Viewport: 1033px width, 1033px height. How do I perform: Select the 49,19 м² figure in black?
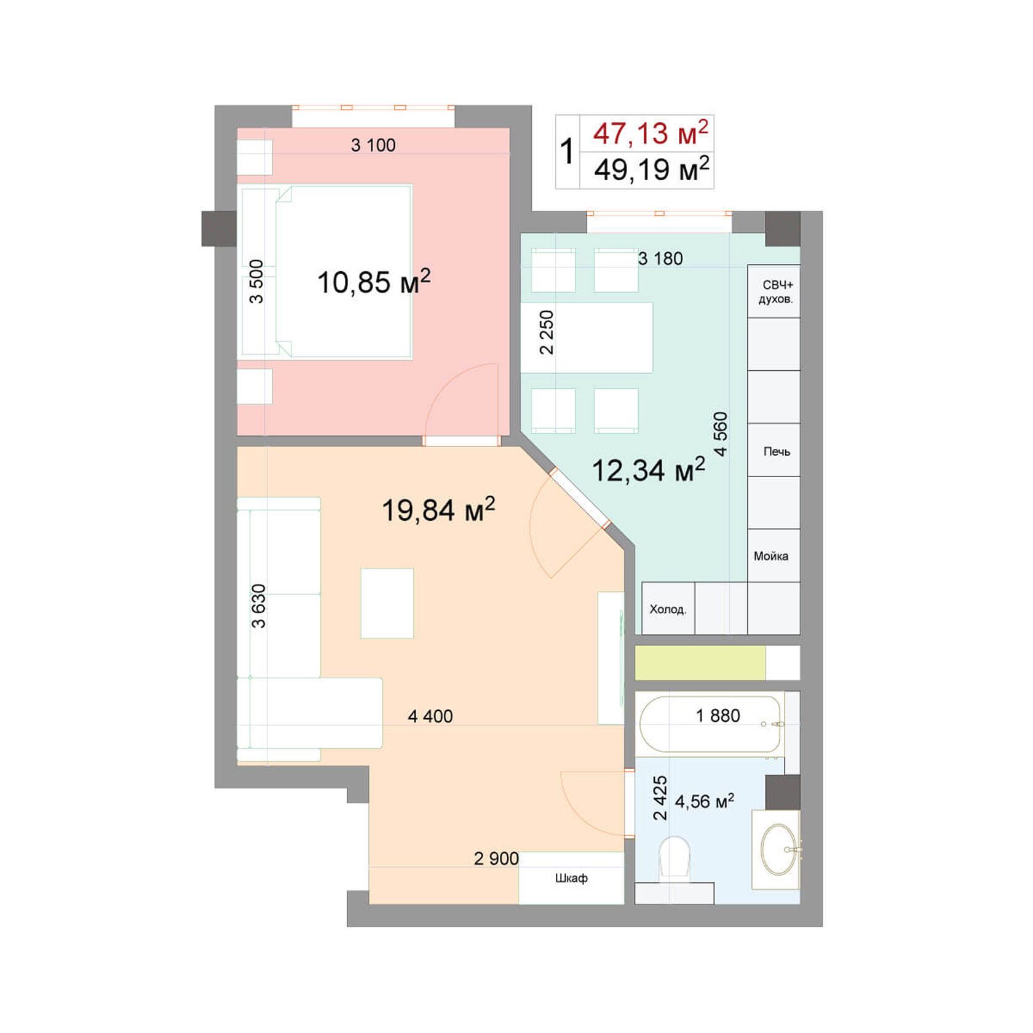[651, 169]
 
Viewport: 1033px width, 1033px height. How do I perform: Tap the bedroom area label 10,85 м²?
[373, 282]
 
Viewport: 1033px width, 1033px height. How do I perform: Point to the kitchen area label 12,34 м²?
[647, 470]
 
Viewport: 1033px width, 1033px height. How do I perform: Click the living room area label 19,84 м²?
[438, 510]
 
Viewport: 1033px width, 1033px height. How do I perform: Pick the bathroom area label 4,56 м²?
[704, 801]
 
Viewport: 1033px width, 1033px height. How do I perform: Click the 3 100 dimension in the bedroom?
[373, 145]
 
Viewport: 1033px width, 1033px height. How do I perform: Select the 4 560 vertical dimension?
[721, 433]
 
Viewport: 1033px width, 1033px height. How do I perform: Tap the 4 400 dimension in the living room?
[430, 716]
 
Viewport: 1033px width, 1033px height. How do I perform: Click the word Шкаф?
[571, 878]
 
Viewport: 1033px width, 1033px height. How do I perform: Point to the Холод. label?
[668, 609]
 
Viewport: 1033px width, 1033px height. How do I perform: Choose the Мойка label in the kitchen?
[771, 556]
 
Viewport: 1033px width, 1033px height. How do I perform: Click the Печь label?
[777, 451]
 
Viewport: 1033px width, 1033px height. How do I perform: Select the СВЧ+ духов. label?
[776, 292]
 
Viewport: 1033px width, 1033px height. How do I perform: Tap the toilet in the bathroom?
[674, 856]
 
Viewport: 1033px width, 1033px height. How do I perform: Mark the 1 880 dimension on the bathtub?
[718, 716]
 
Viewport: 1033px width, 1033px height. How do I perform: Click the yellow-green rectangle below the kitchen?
[700, 663]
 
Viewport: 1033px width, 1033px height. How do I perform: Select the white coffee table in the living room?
[387, 603]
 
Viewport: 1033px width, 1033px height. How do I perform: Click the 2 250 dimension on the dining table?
[546, 332]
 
